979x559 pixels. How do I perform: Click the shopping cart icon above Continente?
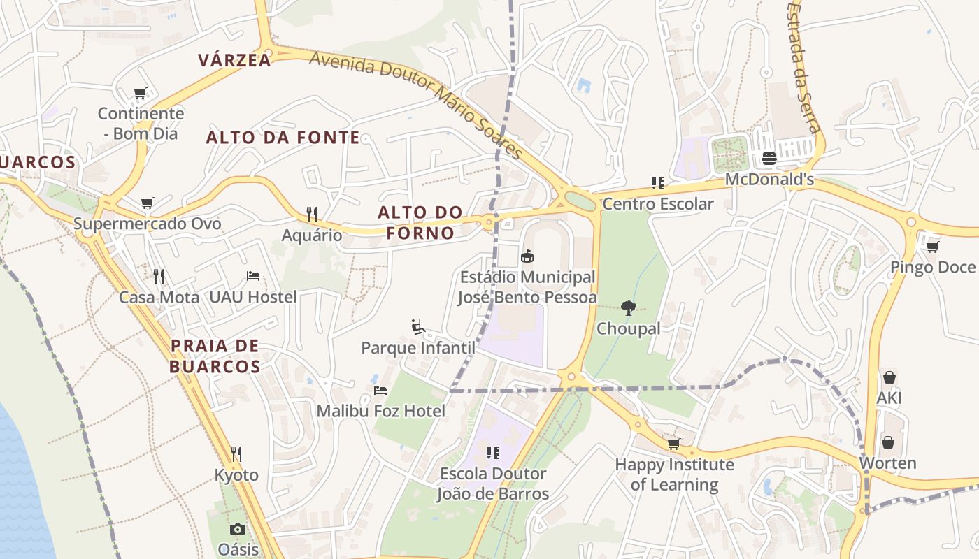[141, 93]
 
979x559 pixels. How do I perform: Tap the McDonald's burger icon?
[769, 159]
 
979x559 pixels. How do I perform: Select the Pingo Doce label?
[932, 268]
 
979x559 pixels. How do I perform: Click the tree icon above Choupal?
[628, 307]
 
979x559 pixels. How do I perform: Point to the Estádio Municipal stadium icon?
[527, 256]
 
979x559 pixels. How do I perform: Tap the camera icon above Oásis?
[238, 529]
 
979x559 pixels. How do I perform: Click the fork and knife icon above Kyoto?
[236, 454]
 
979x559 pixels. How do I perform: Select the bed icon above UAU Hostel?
[253, 276]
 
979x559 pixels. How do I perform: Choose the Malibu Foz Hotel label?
[380, 411]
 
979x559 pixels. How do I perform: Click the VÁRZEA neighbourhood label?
[234, 60]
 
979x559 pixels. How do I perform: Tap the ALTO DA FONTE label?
[283, 138]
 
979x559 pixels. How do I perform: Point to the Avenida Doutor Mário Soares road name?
[417, 104]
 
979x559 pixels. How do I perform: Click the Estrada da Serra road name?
[802, 66]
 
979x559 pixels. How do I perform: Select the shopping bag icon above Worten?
[887, 442]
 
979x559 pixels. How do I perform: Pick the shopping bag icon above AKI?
[889, 377]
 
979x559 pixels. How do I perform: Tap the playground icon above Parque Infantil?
[417, 326]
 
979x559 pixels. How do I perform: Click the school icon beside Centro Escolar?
[657, 183]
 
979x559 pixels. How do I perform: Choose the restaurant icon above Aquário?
[312, 214]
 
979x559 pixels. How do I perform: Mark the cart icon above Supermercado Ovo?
[147, 203]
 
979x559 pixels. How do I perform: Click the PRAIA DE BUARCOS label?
[215, 356]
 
